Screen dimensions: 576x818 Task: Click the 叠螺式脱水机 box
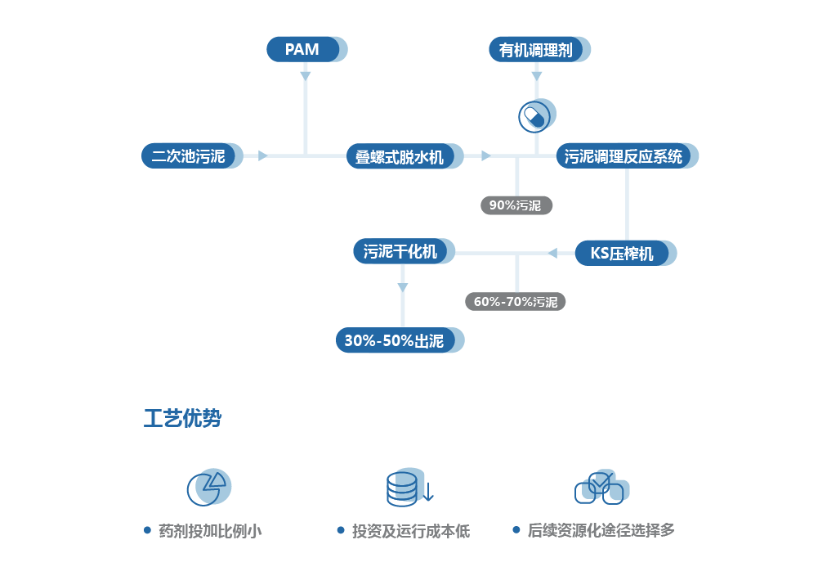[x=400, y=156]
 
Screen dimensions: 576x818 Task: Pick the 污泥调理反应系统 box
[x=624, y=156]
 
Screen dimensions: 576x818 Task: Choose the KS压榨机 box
[x=622, y=253]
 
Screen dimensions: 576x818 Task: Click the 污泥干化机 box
[x=400, y=251]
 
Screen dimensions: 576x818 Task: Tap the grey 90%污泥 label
[x=516, y=205]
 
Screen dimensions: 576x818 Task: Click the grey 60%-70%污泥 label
[x=516, y=301]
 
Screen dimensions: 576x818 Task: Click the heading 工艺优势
[x=183, y=420]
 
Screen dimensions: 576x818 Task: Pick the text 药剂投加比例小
[x=210, y=531]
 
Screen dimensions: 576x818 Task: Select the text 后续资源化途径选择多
[x=601, y=530]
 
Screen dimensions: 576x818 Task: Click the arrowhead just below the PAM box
[x=306, y=75]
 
